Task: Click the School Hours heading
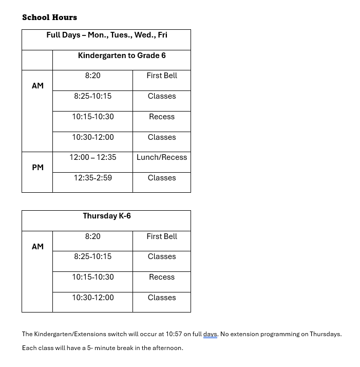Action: (49, 17)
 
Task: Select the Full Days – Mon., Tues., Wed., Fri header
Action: (106, 35)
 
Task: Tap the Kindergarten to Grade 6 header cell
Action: (122, 56)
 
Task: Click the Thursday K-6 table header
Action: (107, 216)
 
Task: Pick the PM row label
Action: (37, 168)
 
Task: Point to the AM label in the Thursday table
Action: (37, 247)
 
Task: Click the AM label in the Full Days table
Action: (37, 86)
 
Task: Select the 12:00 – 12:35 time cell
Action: (92, 157)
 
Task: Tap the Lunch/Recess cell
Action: (162, 157)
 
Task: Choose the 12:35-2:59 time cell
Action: (92, 178)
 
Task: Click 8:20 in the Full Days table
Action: (92, 76)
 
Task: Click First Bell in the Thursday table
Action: (162, 236)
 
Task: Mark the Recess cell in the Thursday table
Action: (162, 277)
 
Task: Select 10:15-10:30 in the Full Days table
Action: (92, 117)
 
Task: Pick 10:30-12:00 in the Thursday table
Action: (92, 298)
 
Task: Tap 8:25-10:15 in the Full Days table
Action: (92, 96)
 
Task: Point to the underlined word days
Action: (210, 334)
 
